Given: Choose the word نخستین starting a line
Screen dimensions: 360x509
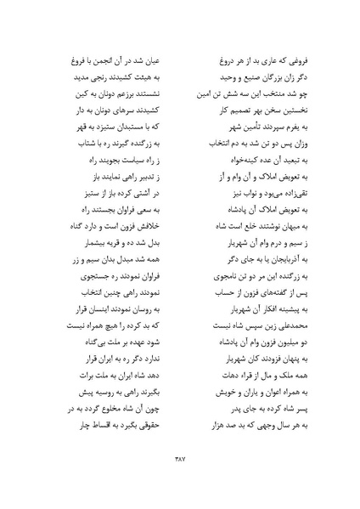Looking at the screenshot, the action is click(279, 102).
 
